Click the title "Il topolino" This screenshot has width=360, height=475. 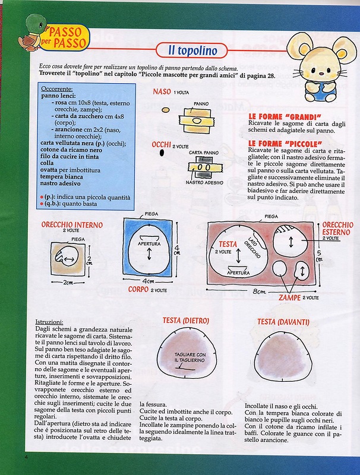191,49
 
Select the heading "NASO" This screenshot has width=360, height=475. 162,92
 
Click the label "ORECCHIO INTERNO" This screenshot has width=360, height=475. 72,226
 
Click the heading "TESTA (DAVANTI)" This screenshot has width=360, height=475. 283,321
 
